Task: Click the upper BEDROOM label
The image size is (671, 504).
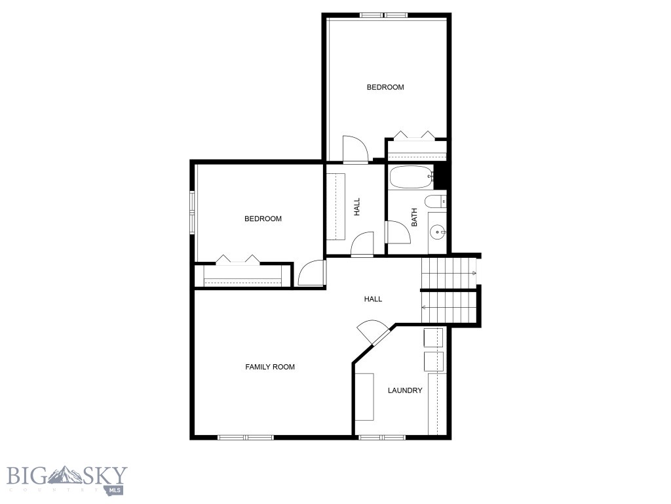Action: (385, 87)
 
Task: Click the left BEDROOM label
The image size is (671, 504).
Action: (263, 219)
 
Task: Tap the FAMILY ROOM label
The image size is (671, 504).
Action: (270, 367)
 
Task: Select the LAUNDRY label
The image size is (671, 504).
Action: (405, 390)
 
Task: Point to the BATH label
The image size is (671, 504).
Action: (414, 218)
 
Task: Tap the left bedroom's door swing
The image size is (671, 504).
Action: (311, 274)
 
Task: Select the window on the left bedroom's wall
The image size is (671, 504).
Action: (193, 212)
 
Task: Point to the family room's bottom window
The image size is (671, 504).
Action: (245, 437)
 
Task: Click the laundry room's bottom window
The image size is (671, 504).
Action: (381, 437)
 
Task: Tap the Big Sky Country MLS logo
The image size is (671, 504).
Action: (66, 479)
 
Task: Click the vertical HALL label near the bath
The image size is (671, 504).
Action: (357, 207)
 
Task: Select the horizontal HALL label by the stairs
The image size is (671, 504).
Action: (373, 299)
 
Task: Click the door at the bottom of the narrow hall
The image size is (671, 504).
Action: (362, 245)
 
